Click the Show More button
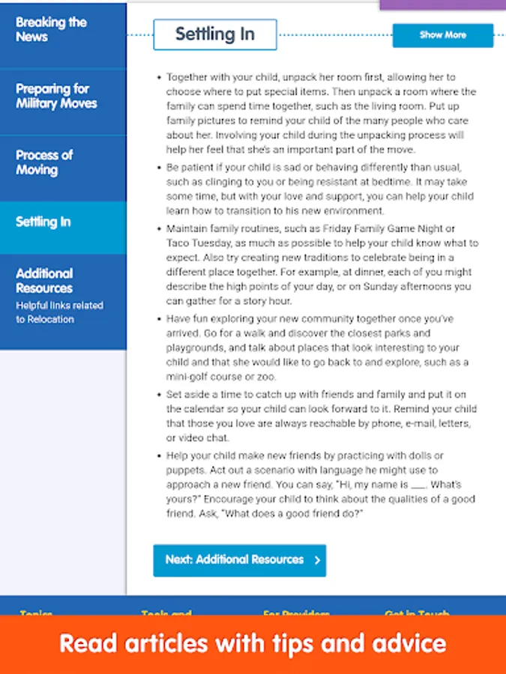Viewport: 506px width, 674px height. tap(442, 35)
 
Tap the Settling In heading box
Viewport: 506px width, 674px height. tap(215, 34)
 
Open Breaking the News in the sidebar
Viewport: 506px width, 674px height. tap(52, 29)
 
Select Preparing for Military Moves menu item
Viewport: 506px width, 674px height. tap(57, 96)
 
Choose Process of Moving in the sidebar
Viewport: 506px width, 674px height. tap(44, 162)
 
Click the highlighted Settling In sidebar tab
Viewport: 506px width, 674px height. tap(44, 222)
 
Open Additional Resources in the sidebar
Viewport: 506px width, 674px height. tap(45, 281)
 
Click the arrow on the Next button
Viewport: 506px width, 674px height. tap(317, 560)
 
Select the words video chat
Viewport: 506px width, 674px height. tap(198, 438)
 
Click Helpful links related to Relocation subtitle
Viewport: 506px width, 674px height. tap(59, 312)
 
